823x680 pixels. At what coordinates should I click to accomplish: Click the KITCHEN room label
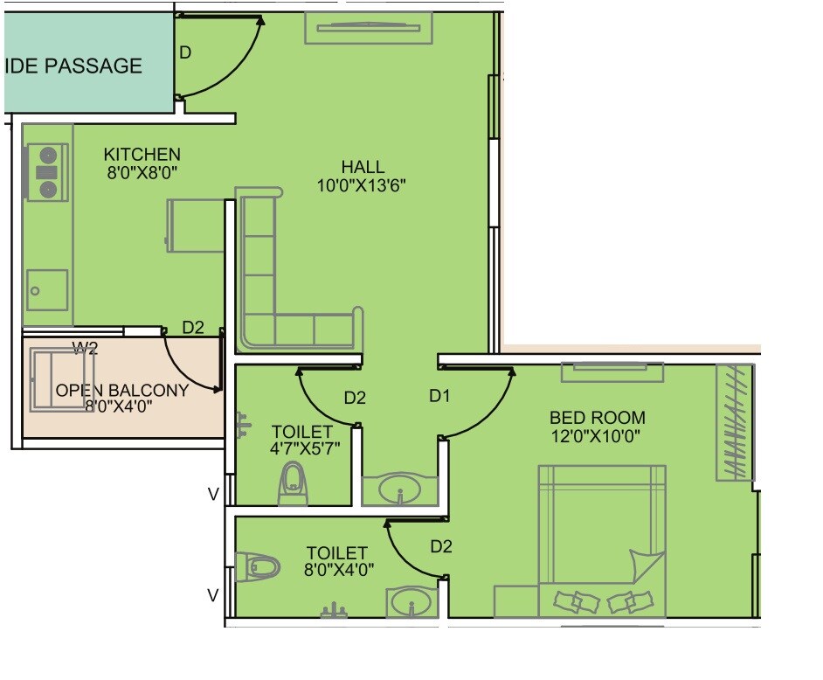tap(142, 155)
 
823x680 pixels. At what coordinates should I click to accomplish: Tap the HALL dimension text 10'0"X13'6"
tap(363, 184)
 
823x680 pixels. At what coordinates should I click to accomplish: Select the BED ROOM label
tap(598, 418)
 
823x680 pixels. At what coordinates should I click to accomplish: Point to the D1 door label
tap(439, 396)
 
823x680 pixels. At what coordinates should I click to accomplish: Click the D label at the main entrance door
tap(185, 52)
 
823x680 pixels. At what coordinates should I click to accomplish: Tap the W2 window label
tap(85, 349)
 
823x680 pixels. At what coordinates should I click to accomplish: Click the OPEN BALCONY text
tap(121, 390)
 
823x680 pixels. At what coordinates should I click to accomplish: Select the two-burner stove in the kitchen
tap(47, 172)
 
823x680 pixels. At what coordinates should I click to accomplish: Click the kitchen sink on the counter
tap(47, 289)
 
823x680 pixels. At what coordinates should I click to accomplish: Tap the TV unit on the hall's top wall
tap(368, 27)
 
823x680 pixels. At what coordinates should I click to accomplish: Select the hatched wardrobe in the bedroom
tap(733, 422)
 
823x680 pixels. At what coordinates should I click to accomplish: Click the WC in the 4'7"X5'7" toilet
tap(293, 483)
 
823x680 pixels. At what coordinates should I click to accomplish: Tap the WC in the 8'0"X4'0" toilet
tap(259, 567)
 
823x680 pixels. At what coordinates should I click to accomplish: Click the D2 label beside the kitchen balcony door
tap(193, 328)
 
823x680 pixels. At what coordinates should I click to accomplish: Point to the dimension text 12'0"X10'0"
tap(598, 436)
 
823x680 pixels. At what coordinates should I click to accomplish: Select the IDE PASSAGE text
tap(74, 66)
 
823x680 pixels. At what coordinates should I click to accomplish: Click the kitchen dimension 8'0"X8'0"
tap(142, 172)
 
